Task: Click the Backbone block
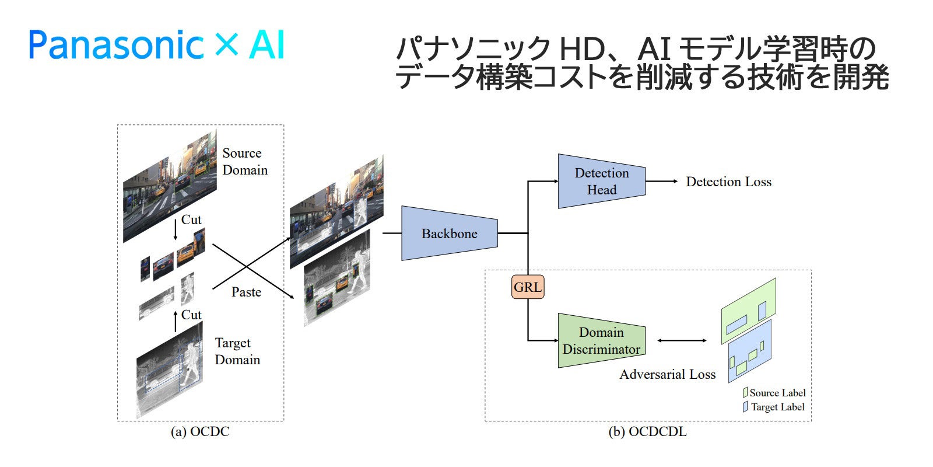(450, 233)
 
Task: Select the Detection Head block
(602, 182)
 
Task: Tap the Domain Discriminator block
(602, 341)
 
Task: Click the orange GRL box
(528, 287)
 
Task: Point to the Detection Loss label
(729, 182)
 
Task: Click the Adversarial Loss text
(668, 374)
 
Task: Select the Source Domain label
(245, 162)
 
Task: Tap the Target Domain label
(237, 351)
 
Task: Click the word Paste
(247, 292)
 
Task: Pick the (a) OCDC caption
(201, 431)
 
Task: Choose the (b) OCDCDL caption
(648, 431)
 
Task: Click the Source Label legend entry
(774, 393)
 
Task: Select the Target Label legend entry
(774, 407)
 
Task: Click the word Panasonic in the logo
(117, 44)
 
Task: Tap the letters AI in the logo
(267, 44)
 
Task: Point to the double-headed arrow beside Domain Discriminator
(682, 341)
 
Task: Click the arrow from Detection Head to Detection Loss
(662, 182)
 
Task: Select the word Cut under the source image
(191, 219)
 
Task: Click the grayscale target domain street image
(170, 370)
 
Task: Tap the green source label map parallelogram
(749, 311)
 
